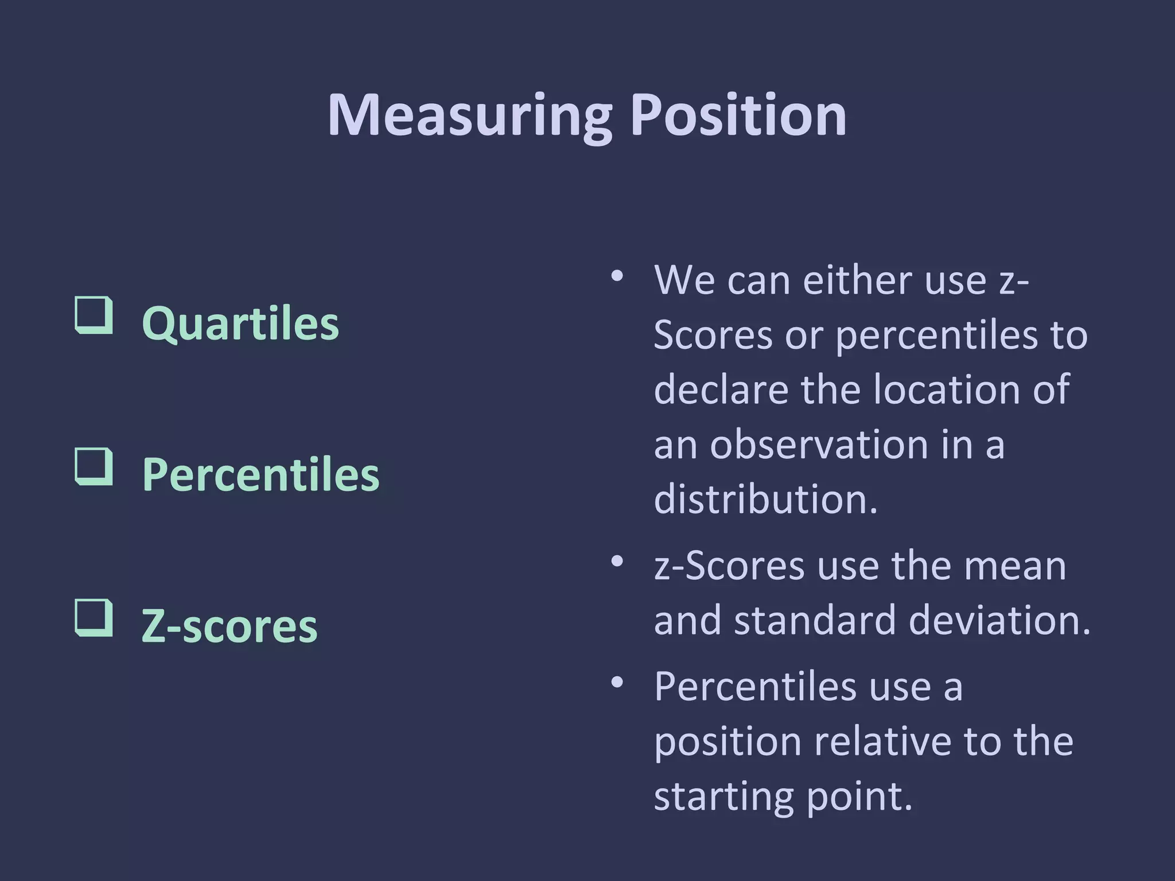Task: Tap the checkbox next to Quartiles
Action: click(94, 315)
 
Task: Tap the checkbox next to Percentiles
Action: click(94, 466)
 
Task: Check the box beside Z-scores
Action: click(94, 618)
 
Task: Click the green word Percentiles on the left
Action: click(260, 475)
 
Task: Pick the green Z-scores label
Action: click(229, 626)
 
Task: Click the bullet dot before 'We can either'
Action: click(617, 276)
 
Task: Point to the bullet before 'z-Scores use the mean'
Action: click(617, 562)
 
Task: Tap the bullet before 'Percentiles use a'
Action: click(617, 683)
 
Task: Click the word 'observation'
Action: click(819, 445)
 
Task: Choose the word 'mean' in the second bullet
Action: click(1014, 566)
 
